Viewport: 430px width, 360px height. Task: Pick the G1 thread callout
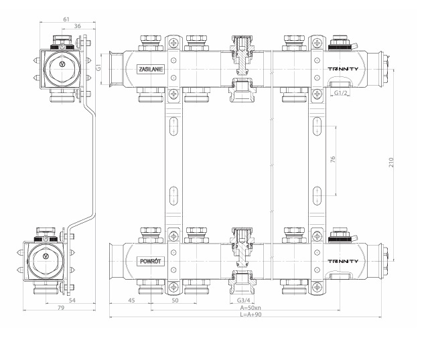coord(98,68)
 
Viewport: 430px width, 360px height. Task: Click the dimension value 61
coord(66,20)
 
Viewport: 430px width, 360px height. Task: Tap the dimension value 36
coord(78,27)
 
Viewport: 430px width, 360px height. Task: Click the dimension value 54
coord(72,301)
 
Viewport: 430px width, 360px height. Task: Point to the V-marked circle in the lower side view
coord(46,257)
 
